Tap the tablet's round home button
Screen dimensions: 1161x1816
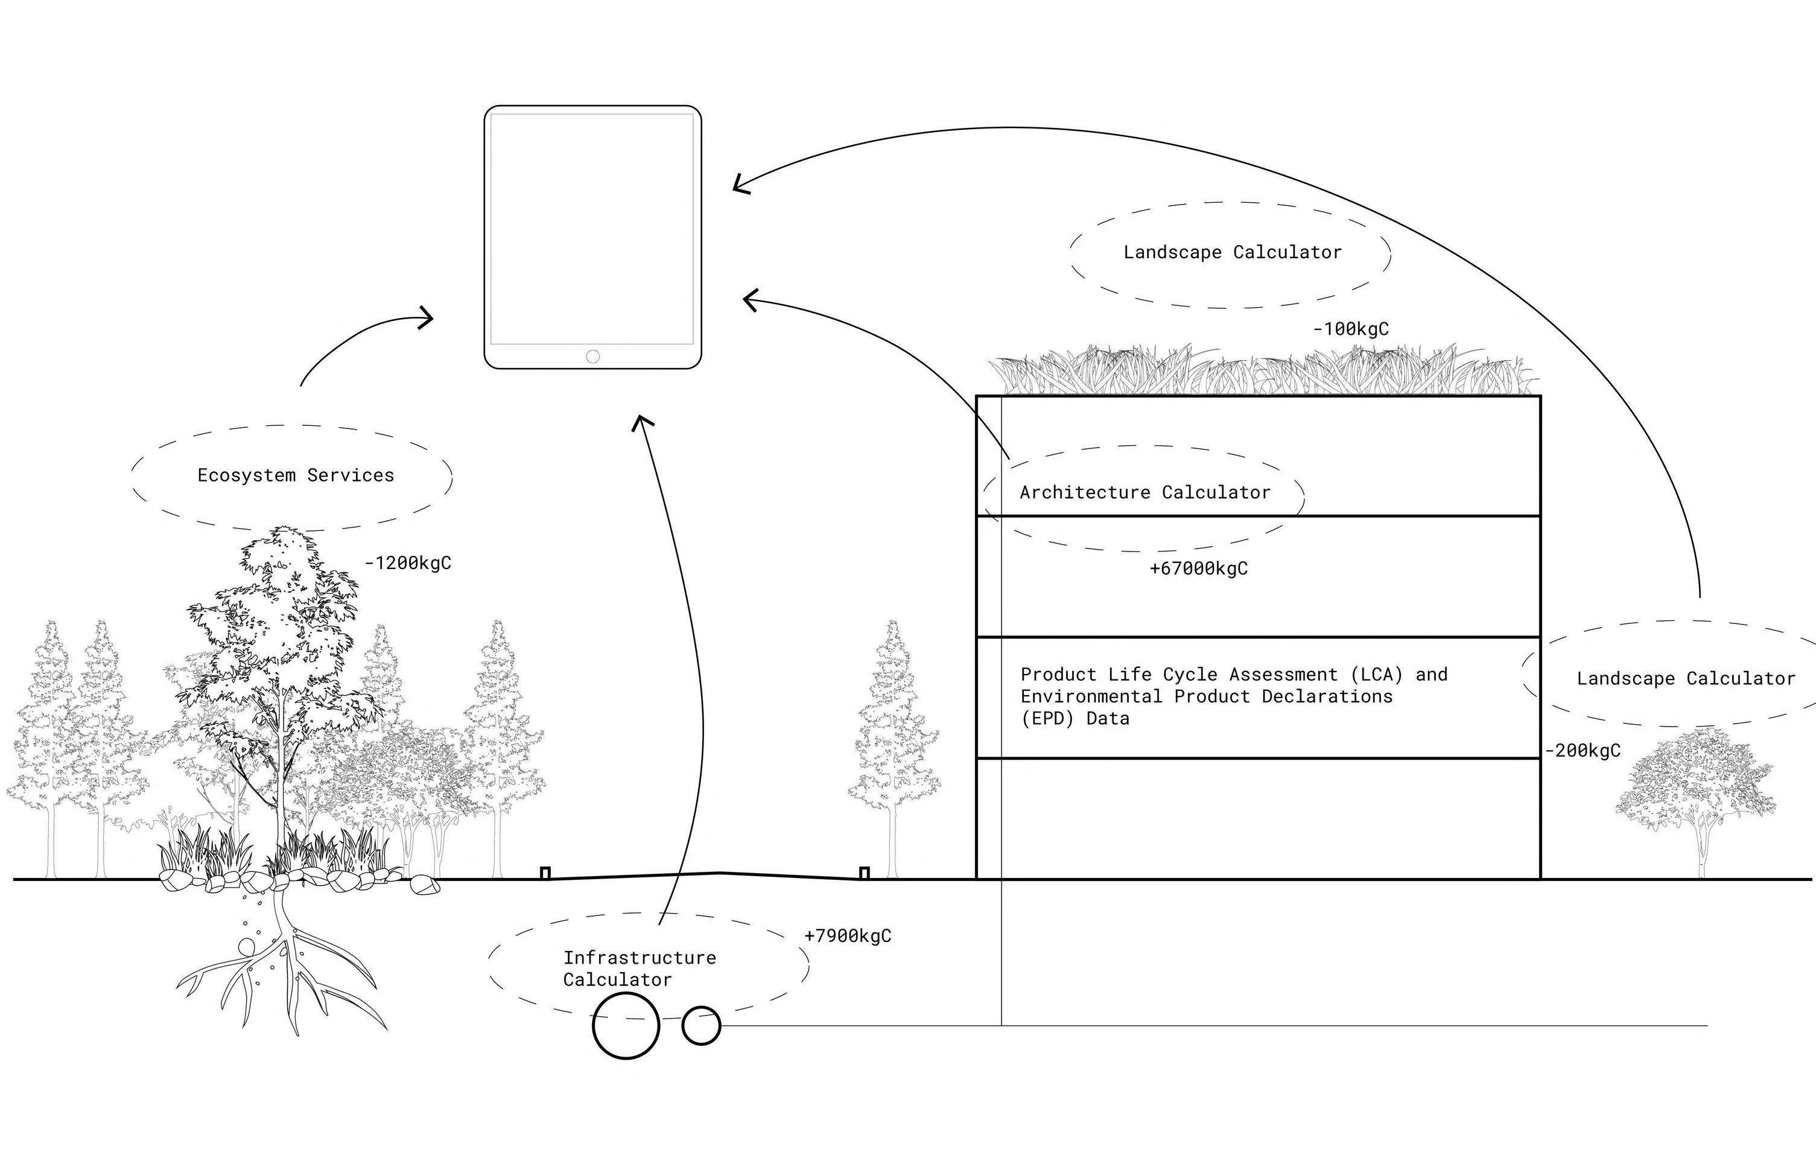592,356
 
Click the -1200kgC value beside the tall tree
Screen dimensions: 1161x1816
408,563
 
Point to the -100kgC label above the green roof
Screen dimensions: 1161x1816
1351,329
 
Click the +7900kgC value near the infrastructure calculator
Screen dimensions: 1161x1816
848,936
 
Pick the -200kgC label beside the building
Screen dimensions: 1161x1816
1583,751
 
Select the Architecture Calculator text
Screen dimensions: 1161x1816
1145,492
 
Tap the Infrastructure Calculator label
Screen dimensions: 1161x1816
639,969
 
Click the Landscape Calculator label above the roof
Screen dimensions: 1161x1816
1232,252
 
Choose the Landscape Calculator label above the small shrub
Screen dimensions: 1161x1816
1686,678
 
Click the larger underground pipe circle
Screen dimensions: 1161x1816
626,1026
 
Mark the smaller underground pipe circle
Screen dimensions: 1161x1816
701,1026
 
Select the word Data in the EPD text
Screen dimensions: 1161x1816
1108,719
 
